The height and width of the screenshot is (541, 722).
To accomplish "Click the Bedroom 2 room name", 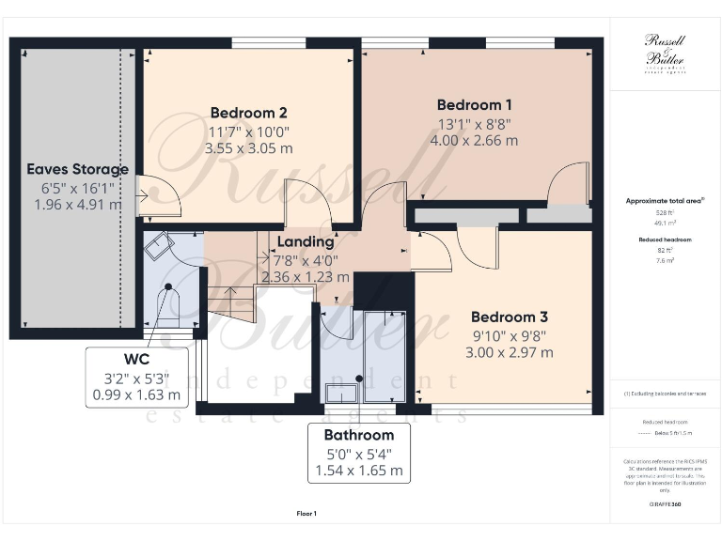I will pyautogui.click(x=248, y=113).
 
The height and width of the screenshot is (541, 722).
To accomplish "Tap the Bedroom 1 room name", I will pyautogui.click(x=475, y=104).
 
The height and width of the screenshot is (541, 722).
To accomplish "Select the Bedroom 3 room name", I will pyautogui.click(x=509, y=317).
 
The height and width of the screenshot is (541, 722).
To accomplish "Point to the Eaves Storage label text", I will pyautogui.click(x=77, y=169).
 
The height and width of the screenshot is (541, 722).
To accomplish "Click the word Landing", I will pyautogui.click(x=306, y=241).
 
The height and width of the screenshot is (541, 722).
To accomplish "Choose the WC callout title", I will pyautogui.click(x=136, y=359).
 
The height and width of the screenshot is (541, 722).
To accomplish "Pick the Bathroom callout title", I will pyautogui.click(x=359, y=435).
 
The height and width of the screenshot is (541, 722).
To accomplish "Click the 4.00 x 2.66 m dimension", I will pyautogui.click(x=475, y=140).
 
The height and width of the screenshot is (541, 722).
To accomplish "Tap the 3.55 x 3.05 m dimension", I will pyautogui.click(x=248, y=148).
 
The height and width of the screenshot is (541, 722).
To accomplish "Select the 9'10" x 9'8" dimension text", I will pyautogui.click(x=509, y=334).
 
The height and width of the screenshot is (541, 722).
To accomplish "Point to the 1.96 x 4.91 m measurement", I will pyautogui.click(x=77, y=204).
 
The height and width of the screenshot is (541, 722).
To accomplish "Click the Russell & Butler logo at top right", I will pyautogui.click(x=664, y=52).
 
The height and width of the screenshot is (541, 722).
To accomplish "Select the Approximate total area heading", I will pyautogui.click(x=664, y=201).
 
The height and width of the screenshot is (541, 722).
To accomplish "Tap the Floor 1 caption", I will pyautogui.click(x=306, y=514).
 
